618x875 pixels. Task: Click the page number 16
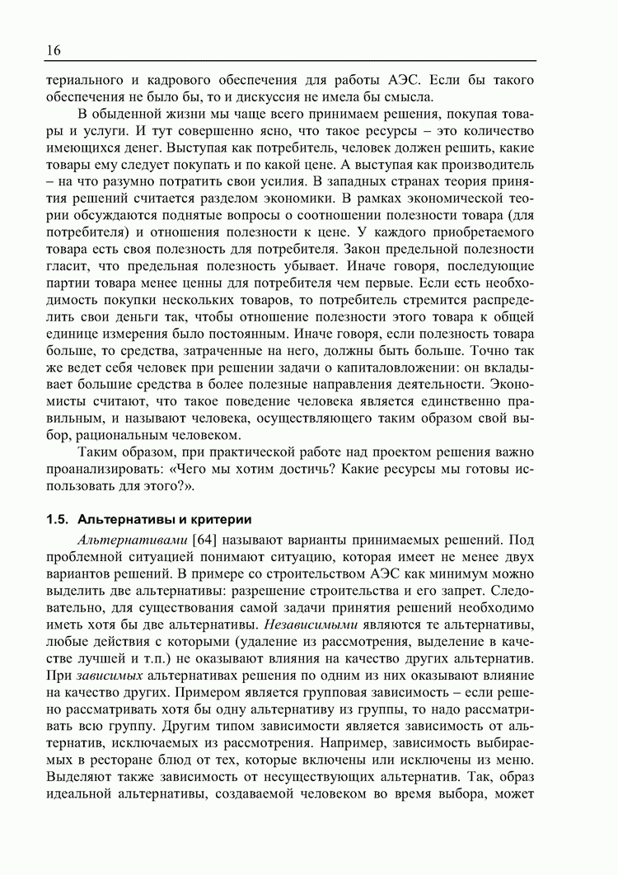click(x=53, y=50)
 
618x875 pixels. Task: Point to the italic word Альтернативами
click(x=132, y=540)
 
